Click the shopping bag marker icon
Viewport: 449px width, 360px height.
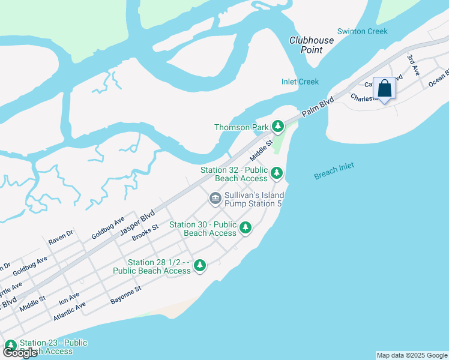point(384,89)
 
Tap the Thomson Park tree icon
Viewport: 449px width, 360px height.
point(277,127)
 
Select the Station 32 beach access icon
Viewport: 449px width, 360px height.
point(276,174)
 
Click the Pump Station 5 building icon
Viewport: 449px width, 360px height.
point(215,198)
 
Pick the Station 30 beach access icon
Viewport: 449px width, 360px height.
point(245,228)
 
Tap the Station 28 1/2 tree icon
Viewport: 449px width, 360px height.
point(200,266)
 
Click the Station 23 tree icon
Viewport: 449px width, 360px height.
point(10,345)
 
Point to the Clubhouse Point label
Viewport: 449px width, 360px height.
point(312,45)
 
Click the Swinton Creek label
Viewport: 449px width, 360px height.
point(363,31)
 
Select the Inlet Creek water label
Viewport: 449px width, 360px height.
point(300,82)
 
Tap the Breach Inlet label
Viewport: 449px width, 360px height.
point(334,171)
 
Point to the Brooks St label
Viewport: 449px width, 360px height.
point(145,232)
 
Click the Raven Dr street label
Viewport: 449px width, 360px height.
point(61,237)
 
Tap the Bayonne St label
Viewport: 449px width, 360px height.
point(125,295)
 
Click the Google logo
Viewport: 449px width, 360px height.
point(20,353)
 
